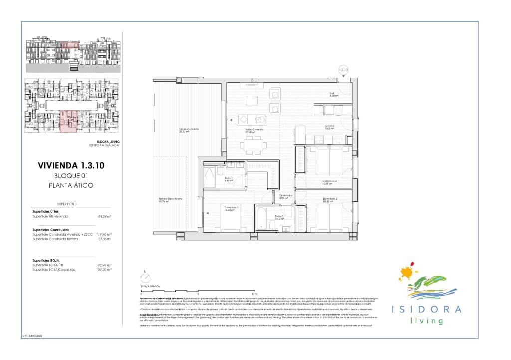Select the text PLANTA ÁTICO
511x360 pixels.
71,185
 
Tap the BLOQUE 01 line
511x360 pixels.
71,176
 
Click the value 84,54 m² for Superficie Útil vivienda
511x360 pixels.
104,217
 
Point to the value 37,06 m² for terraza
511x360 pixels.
104,239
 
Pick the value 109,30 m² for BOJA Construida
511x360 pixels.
104,269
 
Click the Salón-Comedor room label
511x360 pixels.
254,131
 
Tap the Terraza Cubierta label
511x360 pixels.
189,131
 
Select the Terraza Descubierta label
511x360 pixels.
170,200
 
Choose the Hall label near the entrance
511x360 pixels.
331,94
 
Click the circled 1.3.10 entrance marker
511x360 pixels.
343,70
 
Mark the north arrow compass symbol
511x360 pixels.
145,278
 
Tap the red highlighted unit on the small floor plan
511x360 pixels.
68,122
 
